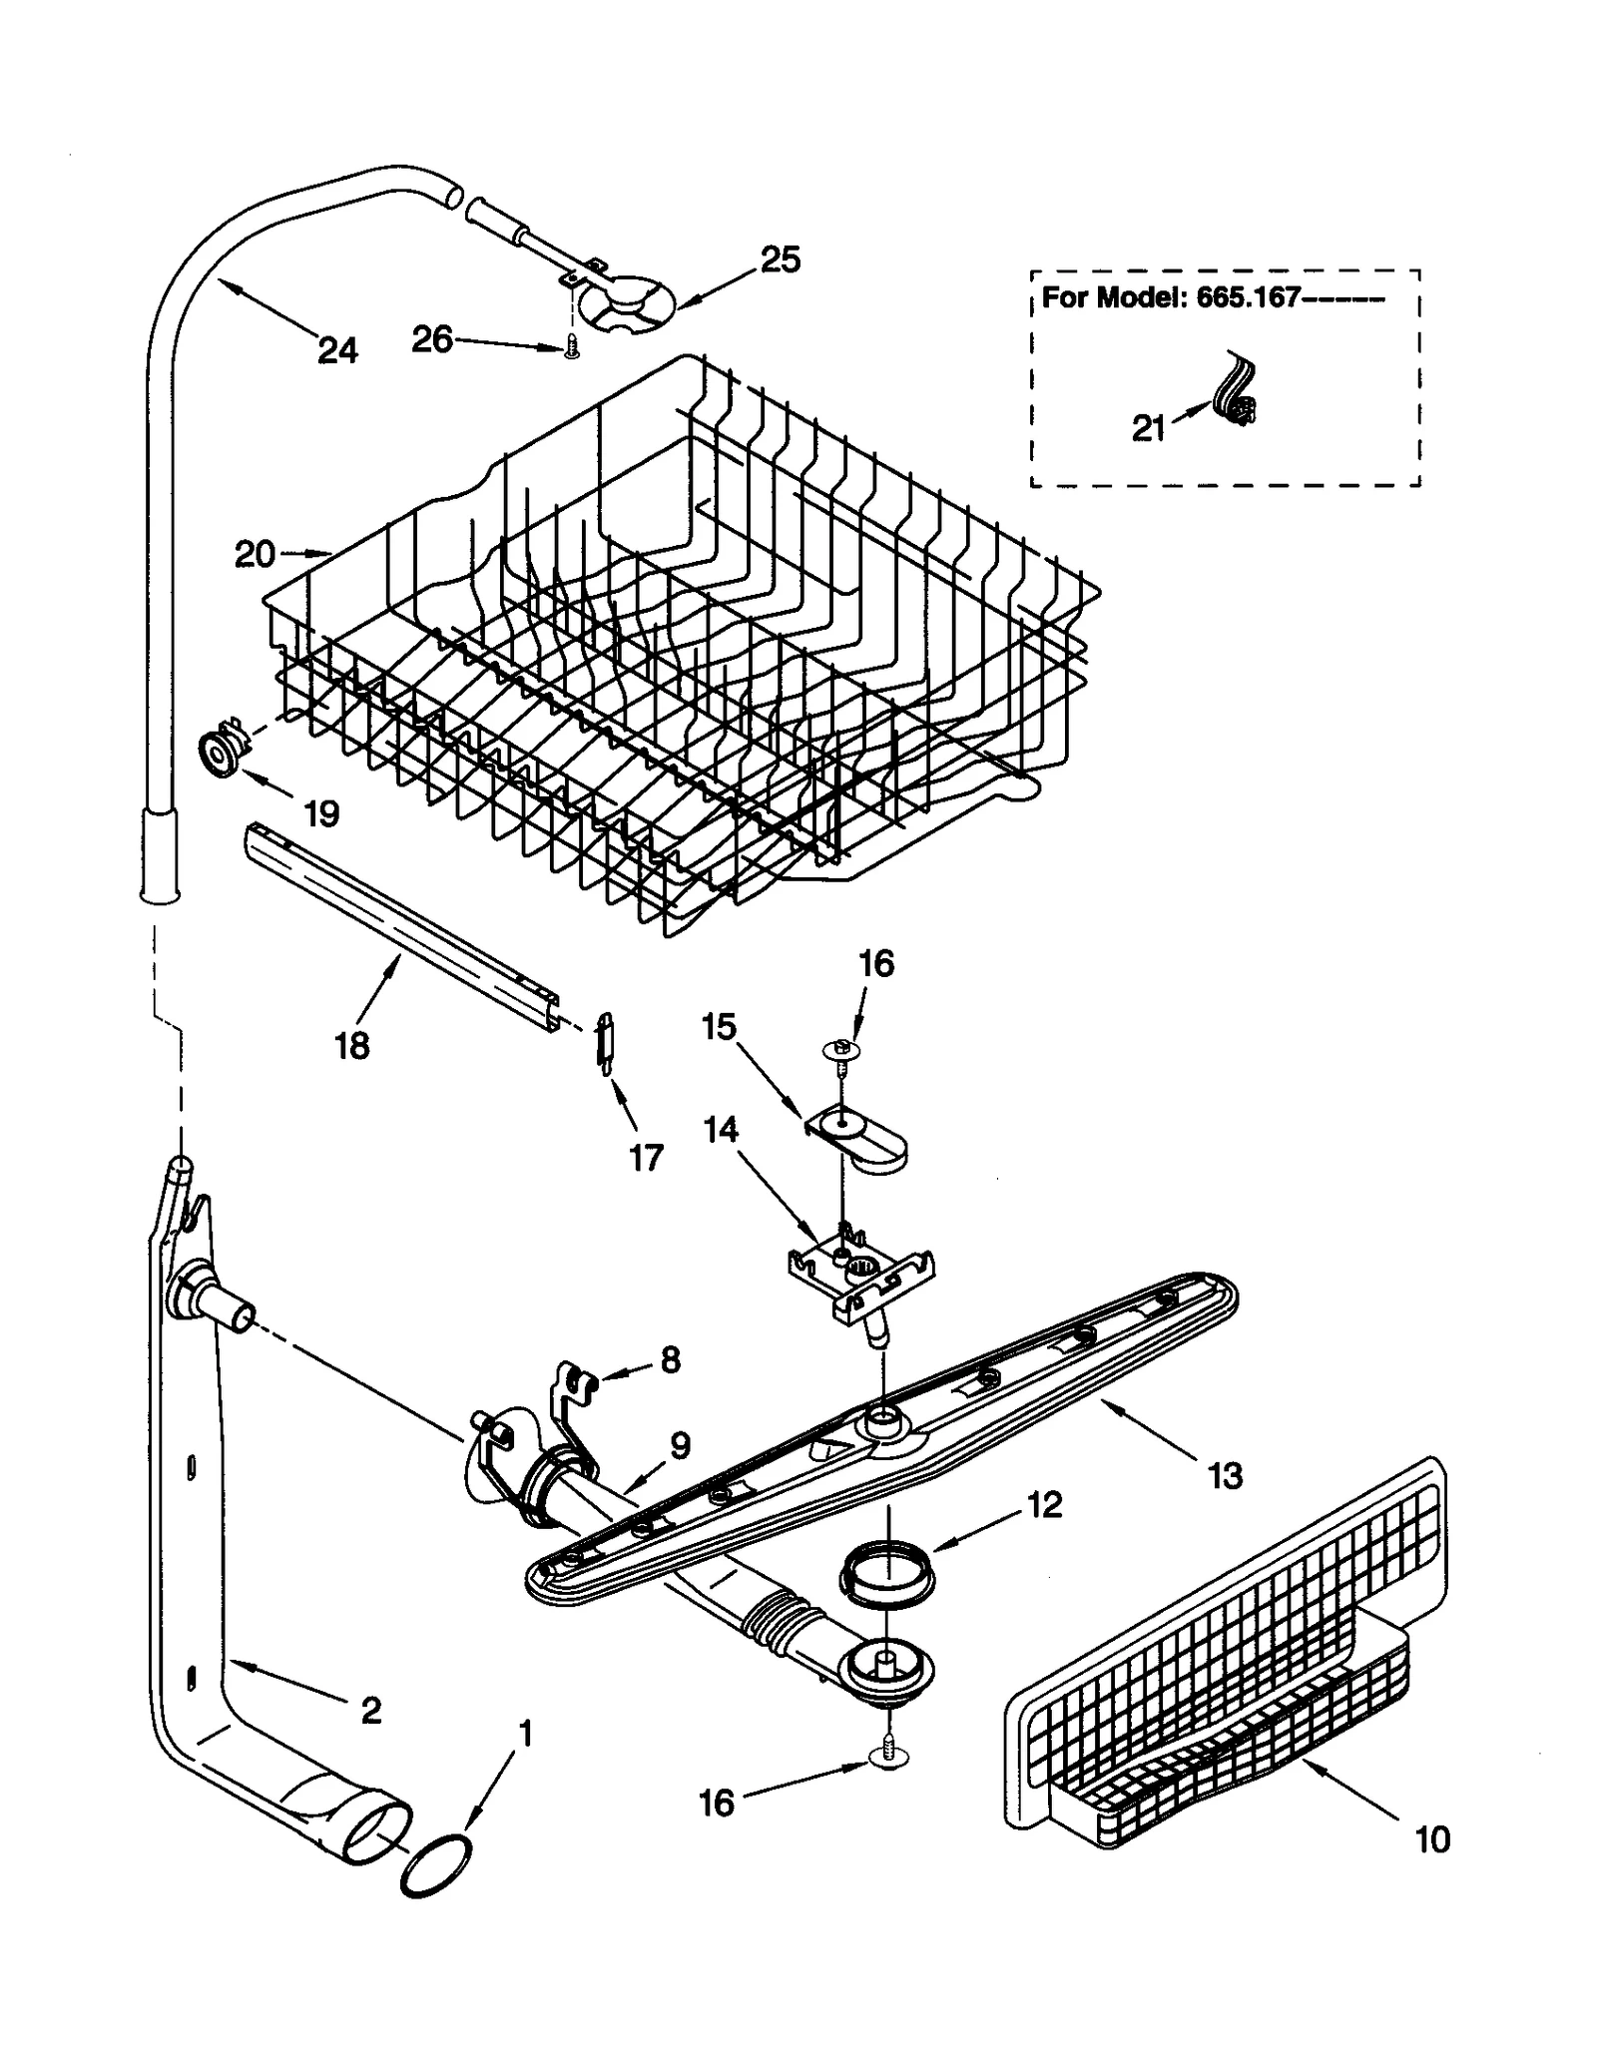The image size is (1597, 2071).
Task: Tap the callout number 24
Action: click(337, 349)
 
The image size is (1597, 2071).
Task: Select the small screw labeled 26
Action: click(571, 348)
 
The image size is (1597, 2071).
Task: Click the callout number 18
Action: click(351, 1046)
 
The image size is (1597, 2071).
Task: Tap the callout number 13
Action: click(1225, 1475)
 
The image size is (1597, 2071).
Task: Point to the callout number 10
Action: click(1432, 1838)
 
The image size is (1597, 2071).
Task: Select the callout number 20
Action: click(254, 553)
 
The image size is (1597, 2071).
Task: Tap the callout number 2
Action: click(370, 1711)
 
